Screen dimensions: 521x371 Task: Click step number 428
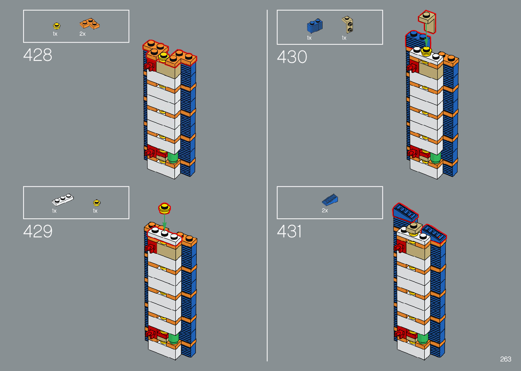pos(38,55)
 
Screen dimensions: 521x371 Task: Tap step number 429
pos(38,231)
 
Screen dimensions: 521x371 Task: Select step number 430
pos(292,57)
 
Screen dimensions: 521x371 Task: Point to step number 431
pos(289,231)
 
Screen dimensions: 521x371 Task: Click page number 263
pos(506,359)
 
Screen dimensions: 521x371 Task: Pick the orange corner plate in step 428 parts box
pos(89,24)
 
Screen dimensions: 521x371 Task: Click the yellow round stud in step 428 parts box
pos(57,26)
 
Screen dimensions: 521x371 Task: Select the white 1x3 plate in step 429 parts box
pos(63,200)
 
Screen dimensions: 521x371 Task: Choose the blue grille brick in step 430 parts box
pos(315,26)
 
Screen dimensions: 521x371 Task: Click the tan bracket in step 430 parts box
pos(347,25)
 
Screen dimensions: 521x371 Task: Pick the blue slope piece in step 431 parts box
pos(330,200)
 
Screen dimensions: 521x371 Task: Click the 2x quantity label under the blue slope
pos(325,211)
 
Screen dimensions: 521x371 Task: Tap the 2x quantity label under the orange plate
pos(82,34)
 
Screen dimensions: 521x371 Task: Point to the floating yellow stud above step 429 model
pos(165,208)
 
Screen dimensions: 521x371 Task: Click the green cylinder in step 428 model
pos(173,157)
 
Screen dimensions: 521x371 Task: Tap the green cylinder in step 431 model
pos(423,338)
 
